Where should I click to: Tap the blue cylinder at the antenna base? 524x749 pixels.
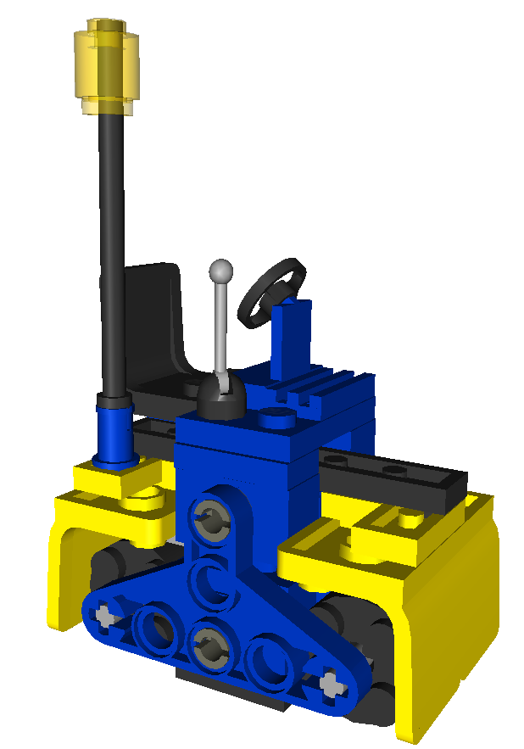pos(114,433)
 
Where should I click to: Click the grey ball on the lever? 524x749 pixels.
pos(221,272)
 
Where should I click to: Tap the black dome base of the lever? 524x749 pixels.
pos(222,399)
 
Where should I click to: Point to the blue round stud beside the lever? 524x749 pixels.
pos(276,417)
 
